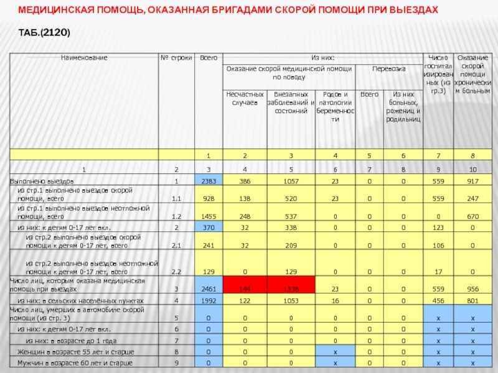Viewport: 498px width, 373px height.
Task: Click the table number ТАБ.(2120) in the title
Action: [44, 32]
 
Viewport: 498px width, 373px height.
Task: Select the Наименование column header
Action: [84, 57]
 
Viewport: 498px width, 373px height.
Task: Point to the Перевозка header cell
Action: [388, 68]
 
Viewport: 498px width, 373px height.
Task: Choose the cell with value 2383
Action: [209, 181]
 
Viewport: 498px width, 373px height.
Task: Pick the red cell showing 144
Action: [245, 289]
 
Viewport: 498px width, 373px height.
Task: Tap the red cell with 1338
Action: [291, 289]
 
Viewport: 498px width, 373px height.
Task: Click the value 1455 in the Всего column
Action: [209, 216]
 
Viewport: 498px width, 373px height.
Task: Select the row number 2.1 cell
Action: [176, 245]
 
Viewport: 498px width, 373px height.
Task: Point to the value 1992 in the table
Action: [209, 301]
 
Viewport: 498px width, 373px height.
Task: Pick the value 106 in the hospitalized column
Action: [439, 245]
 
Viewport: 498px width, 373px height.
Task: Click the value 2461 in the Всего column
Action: [209, 289]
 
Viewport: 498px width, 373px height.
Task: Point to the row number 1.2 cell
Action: [176, 216]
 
